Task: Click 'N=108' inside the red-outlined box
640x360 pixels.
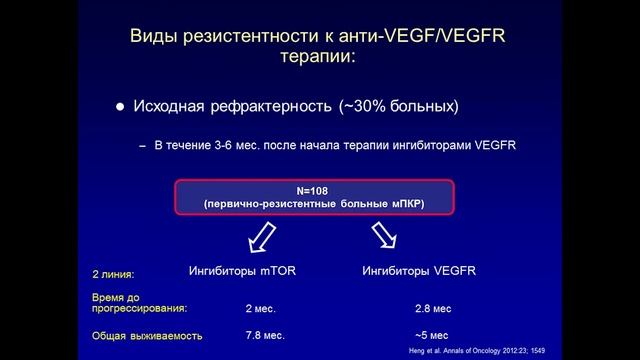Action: (x=314, y=190)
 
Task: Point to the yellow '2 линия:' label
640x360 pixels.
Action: (x=112, y=273)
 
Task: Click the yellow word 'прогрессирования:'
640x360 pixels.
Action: (x=139, y=309)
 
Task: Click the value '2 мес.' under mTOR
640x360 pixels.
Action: (x=261, y=310)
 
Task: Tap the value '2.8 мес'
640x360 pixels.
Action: (x=434, y=310)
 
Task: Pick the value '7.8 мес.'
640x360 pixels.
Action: (x=264, y=336)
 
